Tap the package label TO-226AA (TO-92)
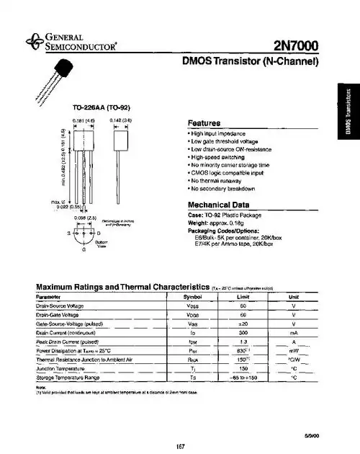click(x=94, y=107)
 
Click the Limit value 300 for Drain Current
click(x=243, y=334)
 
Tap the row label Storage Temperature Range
click(x=68, y=378)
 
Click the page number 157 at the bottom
click(x=181, y=447)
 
